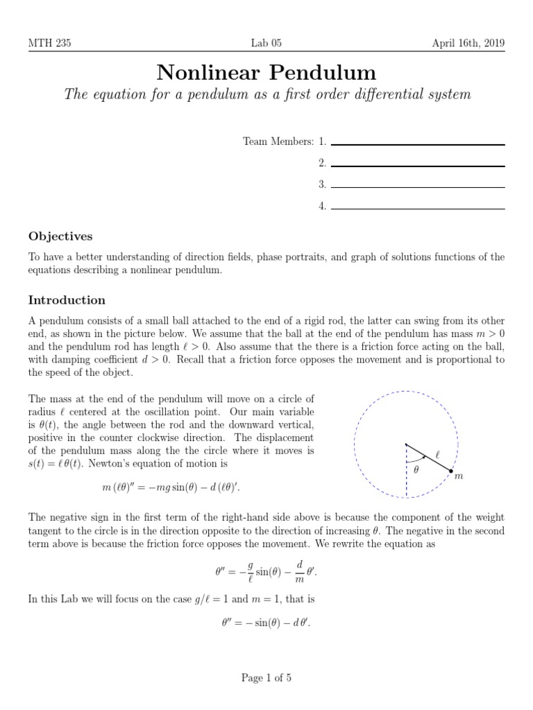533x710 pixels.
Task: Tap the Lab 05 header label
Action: coord(266,43)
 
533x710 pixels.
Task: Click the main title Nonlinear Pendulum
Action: coord(266,71)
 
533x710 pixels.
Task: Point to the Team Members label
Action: coord(278,141)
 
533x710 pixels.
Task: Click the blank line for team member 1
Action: coord(418,144)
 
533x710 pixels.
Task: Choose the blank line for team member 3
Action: coord(418,187)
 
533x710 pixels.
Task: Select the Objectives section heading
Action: coord(60,236)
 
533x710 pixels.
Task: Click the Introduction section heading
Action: coord(67,300)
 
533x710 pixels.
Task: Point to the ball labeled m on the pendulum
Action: coord(451,471)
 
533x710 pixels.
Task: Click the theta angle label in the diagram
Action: coord(416,469)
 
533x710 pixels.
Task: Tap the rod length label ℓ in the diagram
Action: coord(437,455)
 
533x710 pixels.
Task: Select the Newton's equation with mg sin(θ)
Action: coord(171,489)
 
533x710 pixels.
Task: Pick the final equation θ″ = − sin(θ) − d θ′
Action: coord(266,622)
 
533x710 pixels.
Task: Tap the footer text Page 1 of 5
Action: coord(266,678)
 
